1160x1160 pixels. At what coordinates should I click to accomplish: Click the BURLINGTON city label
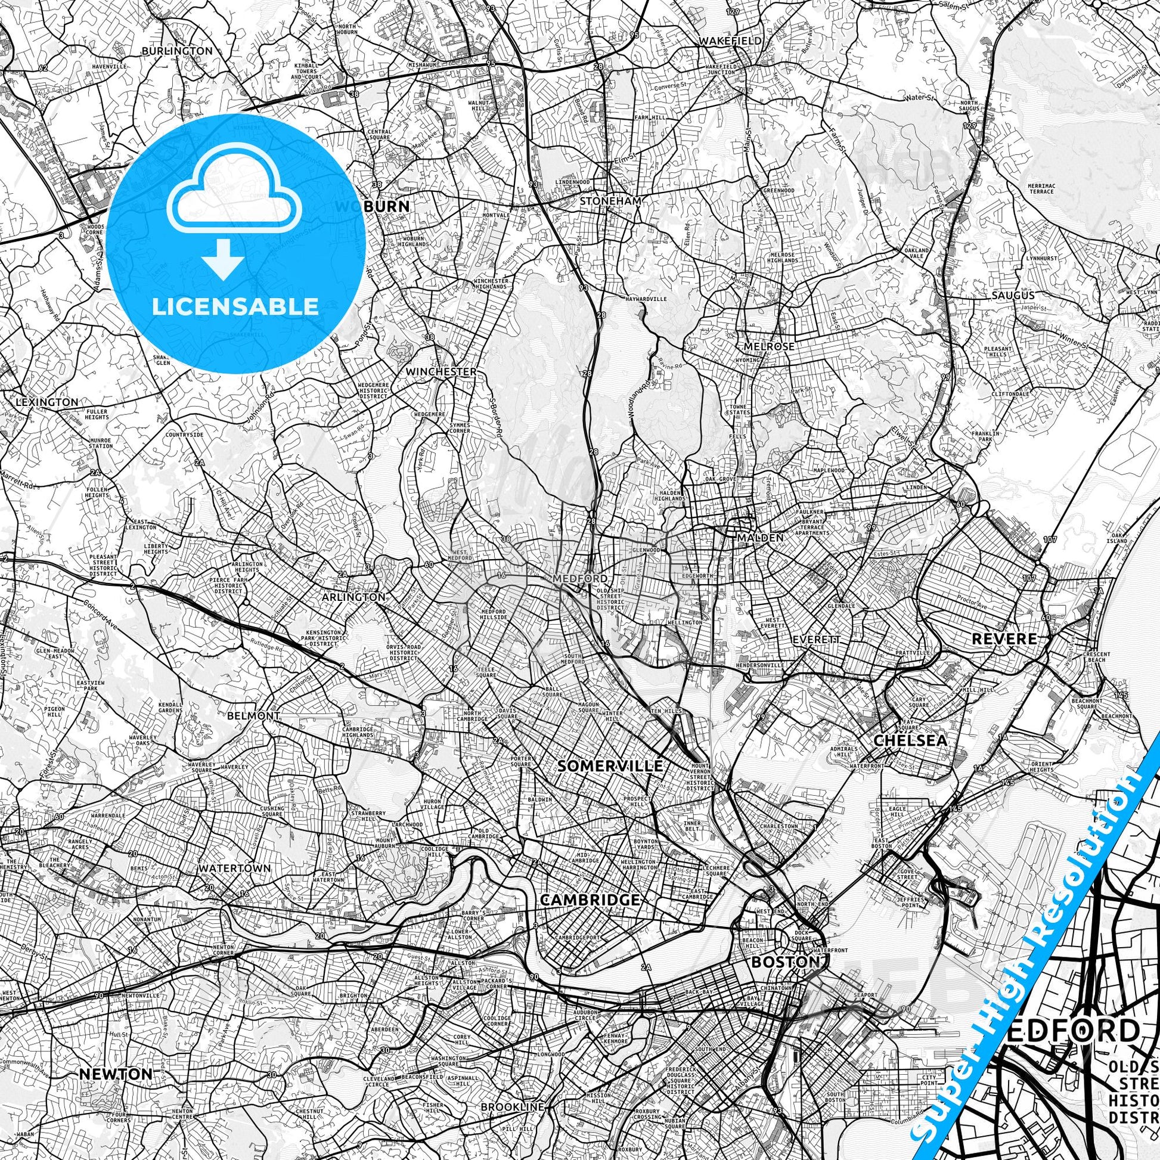[177, 51]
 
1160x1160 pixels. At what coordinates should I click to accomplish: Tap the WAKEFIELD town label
[731, 41]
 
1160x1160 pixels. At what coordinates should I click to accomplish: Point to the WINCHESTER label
[441, 372]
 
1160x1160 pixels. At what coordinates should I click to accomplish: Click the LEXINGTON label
[47, 402]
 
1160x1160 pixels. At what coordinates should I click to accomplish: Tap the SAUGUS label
[1013, 296]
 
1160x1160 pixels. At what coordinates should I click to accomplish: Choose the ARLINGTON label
[353, 597]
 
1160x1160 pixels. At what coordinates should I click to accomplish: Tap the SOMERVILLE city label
[610, 766]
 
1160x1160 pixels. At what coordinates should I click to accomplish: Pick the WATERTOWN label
[235, 868]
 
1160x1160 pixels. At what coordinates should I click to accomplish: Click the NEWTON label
[115, 1057]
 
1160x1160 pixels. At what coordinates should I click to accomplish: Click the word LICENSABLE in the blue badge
[235, 306]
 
